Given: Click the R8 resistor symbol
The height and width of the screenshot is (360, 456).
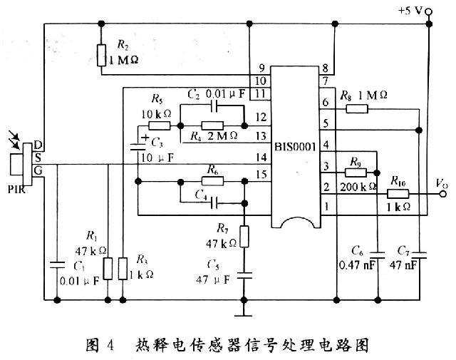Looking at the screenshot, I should click(x=356, y=108).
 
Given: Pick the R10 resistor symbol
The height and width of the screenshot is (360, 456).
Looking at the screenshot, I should click(x=398, y=193).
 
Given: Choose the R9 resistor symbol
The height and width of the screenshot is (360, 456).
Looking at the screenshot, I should click(x=354, y=172).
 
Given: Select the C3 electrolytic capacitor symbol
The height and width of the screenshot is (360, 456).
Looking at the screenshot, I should click(x=139, y=148).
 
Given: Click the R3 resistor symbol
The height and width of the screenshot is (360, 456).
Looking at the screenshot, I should click(x=123, y=269).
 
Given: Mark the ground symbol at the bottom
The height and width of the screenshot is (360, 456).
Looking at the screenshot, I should click(x=244, y=312).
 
